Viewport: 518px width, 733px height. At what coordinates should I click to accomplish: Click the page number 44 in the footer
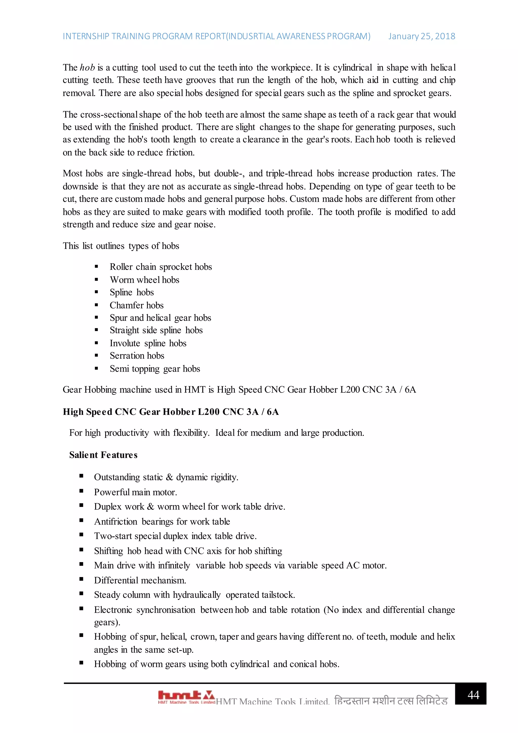473,695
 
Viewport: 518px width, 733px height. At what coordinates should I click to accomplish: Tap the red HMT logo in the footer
186,697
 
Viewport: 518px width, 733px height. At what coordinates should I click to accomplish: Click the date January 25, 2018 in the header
421,36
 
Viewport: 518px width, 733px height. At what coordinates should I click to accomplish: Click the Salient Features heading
103,455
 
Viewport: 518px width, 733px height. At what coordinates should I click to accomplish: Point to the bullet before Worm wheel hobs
96,280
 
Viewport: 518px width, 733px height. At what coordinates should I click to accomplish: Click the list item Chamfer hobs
137,305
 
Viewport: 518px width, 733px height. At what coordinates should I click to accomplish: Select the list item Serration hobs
137,356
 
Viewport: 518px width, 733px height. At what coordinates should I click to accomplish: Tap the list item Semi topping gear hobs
155,369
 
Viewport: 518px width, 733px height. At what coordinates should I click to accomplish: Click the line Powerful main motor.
135,492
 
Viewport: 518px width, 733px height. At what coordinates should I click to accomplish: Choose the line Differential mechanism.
140,580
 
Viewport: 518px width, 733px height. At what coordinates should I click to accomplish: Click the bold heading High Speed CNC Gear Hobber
171,412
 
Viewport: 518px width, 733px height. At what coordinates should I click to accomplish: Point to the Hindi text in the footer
391,701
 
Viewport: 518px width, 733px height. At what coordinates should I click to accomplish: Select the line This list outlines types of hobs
121,246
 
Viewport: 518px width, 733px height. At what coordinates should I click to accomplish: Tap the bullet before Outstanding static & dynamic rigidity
81,476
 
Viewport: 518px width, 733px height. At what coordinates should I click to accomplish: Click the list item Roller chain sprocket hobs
161,267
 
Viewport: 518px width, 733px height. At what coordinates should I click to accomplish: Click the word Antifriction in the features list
116,521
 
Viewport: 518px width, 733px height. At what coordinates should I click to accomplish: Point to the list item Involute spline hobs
148,343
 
